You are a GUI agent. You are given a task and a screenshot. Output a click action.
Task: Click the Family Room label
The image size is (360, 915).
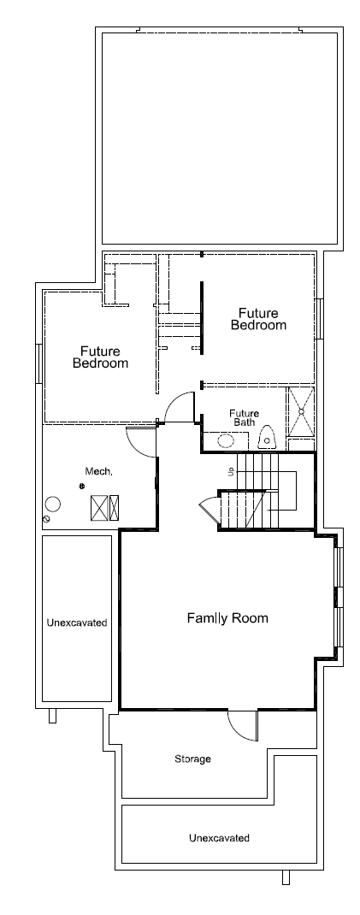tap(227, 618)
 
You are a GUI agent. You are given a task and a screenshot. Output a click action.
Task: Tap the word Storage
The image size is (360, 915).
tap(192, 759)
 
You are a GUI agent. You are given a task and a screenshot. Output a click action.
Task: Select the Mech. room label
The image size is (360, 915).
tap(98, 471)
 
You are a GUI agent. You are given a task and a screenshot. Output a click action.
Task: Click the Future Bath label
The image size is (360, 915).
tap(244, 417)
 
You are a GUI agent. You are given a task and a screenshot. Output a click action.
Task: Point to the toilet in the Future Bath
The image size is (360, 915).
tap(267, 437)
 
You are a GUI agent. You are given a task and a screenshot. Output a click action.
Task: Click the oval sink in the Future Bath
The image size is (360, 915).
tap(225, 440)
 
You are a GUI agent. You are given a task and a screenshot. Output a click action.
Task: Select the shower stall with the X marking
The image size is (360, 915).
tap(301, 411)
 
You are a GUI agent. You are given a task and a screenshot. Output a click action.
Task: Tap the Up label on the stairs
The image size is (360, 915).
tap(232, 470)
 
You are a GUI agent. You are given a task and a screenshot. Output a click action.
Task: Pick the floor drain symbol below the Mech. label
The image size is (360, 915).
tap(82, 486)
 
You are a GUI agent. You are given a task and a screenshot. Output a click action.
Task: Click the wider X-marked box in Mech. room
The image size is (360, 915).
tap(99, 508)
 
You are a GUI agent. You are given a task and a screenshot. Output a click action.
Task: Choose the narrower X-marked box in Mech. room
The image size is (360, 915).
tap(114, 508)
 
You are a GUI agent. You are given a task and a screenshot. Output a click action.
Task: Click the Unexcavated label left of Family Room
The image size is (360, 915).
tap(76, 623)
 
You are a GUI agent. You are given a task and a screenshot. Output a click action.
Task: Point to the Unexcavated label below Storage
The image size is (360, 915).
tap(219, 838)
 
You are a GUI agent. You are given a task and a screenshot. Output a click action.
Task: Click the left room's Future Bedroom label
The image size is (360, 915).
tap(100, 357)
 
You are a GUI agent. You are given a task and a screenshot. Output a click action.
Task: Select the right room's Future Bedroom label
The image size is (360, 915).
tap(258, 319)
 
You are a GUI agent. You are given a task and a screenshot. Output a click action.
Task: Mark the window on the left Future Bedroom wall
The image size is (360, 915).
tap(38, 363)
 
